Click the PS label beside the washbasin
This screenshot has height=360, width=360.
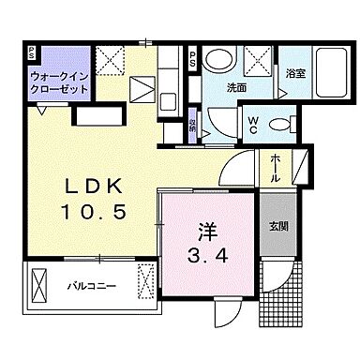click(191, 58)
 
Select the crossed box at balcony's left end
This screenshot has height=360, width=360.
click(40, 281)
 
